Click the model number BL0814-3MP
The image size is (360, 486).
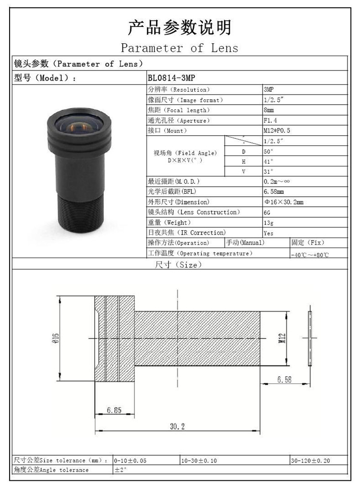point(171,78)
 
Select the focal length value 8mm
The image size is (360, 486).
point(268,110)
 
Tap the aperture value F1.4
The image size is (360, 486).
point(270,120)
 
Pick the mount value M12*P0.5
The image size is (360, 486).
point(277,130)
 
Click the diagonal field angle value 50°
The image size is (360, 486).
point(268,151)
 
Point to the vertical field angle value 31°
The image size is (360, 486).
point(268,171)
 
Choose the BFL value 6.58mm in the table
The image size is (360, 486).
point(274,191)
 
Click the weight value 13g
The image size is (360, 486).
point(268,223)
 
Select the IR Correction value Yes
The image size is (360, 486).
point(268,233)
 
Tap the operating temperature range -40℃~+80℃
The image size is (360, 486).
point(310,255)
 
